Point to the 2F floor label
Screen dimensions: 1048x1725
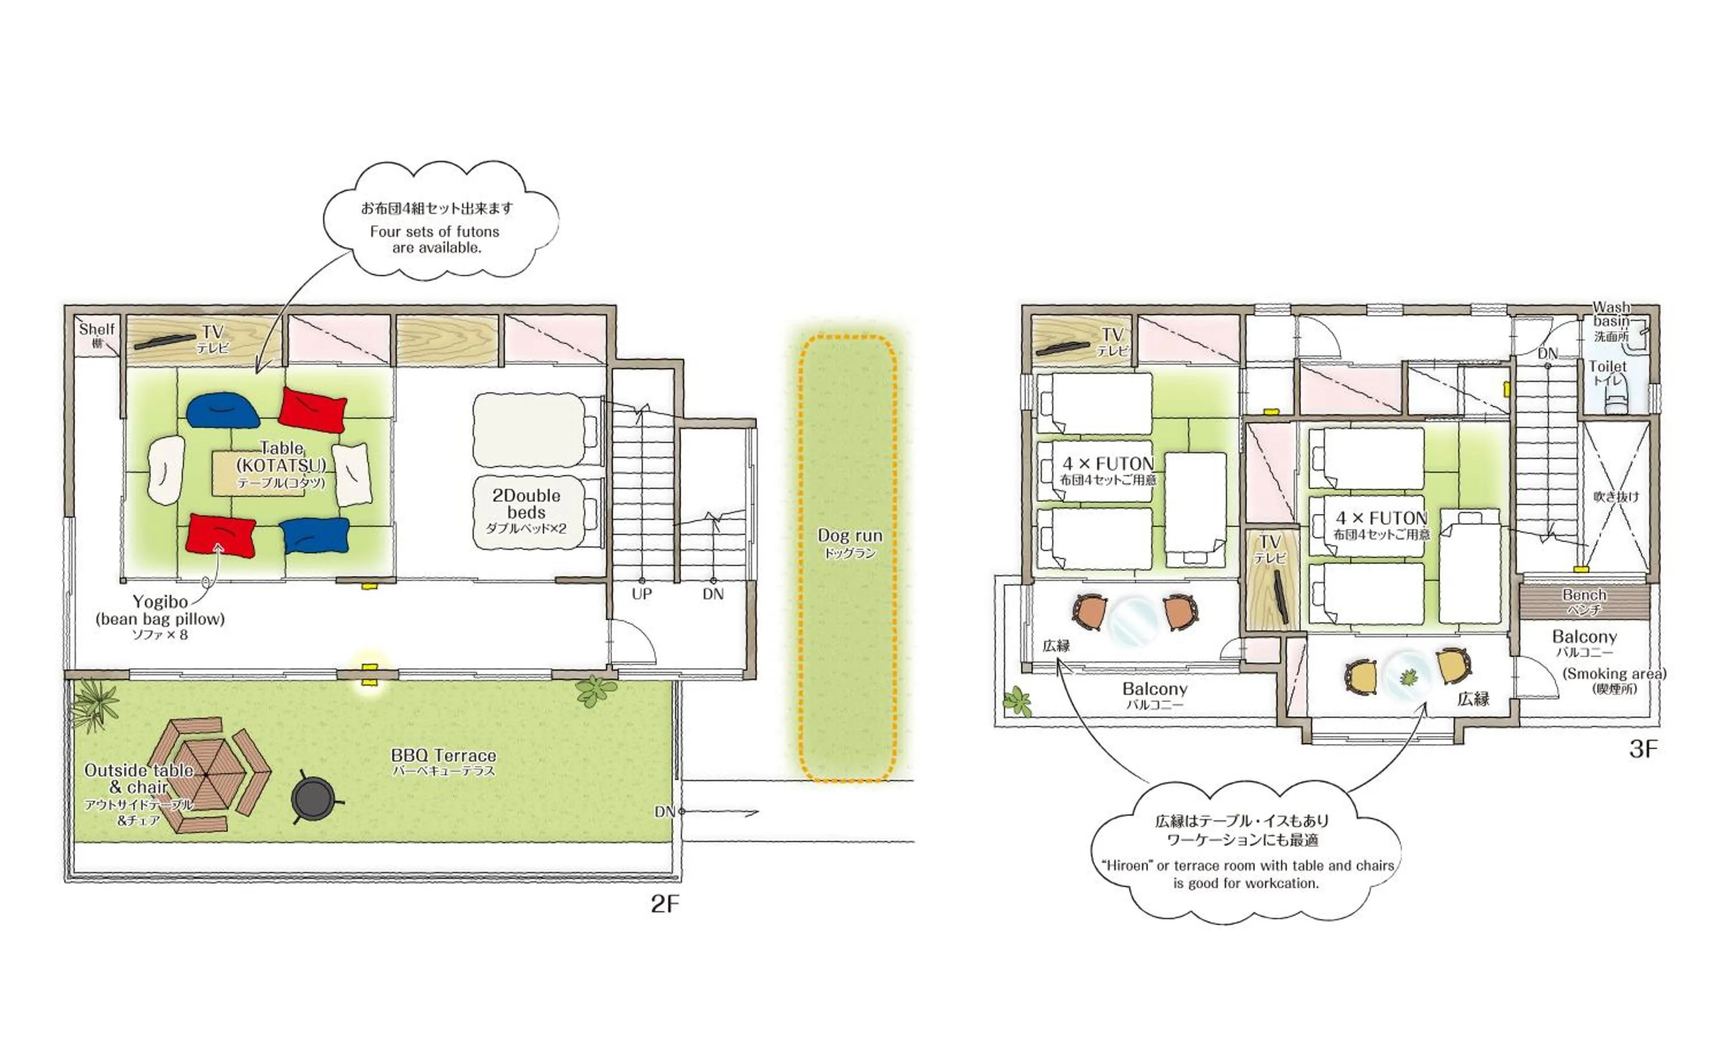point(664,904)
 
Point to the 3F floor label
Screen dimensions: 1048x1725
point(1642,749)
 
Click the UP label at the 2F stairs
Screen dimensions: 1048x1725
point(641,594)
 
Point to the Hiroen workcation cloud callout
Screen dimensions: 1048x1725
point(1246,851)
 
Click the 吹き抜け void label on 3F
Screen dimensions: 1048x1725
point(1616,497)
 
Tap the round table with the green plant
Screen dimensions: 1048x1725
point(1408,677)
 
